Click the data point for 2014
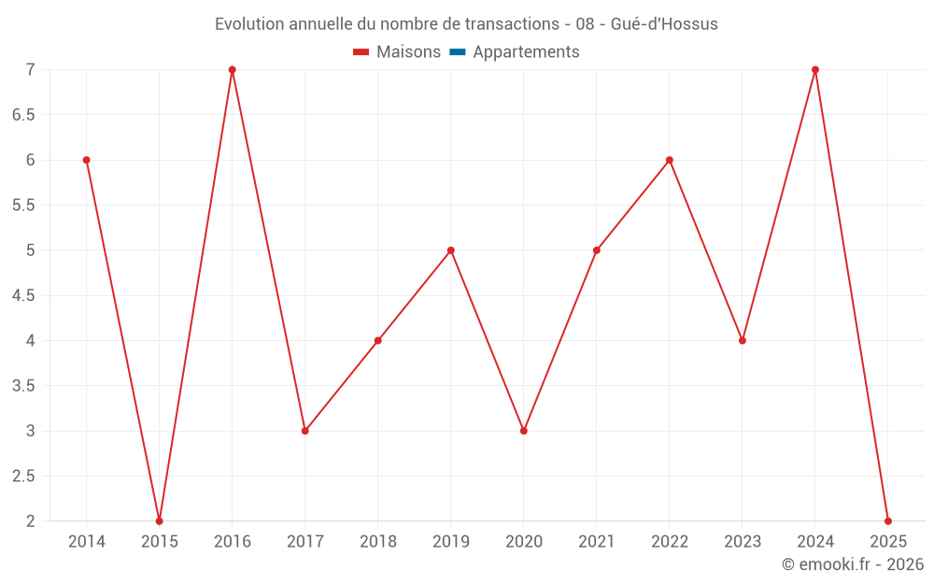pyautogui.click(x=86, y=160)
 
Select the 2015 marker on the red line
pyautogui.click(x=160, y=520)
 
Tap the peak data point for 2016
pyautogui.click(x=233, y=70)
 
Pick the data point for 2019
pyautogui.click(x=451, y=250)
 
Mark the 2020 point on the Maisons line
pyautogui.click(x=524, y=431)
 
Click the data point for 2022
pyautogui.click(x=670, y=160)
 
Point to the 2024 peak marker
pyautogui.click(x=815, y=70)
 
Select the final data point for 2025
pyautogui.click(x=888, y=520)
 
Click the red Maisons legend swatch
pyautogui.click(x=361, y=52)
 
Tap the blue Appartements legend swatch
pyautogui.click(x=458, y=52)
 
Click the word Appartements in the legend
pyautogui.click(x=526, y=52)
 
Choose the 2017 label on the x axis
pyautogui.click(x=305, y=542)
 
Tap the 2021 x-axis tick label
pyautogui.click(x=597, y=542)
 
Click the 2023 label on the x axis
pyautogui.click(x=743, y=542)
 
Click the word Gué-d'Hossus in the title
pyautogui.click(x=664, y=24)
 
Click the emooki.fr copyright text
pyautogui.click(x=853, y=564)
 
